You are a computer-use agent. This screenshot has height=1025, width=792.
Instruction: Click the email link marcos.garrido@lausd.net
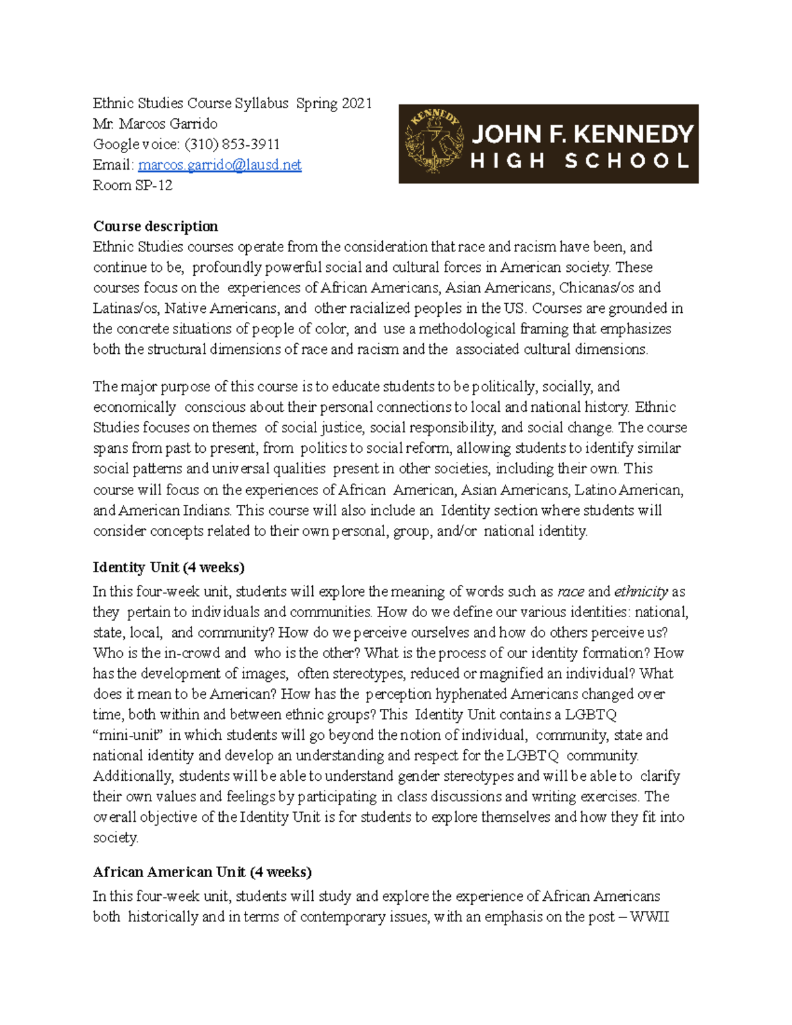(x=219, y=165)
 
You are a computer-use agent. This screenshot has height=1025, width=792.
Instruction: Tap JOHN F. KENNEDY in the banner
(x=582, y=134)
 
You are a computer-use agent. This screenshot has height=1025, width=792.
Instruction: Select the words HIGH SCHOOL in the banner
(x=579, y=161)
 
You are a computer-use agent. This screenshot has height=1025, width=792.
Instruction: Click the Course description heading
(x=155, y=226)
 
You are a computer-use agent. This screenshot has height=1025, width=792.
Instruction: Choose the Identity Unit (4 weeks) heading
(x=168, y=568)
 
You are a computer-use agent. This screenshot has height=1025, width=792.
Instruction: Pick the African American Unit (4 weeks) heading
(x=202, y=873)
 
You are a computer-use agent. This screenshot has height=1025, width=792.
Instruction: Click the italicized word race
(x=570, y=592)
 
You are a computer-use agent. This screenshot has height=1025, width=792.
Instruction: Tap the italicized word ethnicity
(x=641, y=592)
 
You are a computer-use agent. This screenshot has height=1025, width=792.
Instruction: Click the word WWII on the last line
(x=649, y=917)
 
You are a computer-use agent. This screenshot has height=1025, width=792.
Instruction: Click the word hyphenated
(x=471, y=694)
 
